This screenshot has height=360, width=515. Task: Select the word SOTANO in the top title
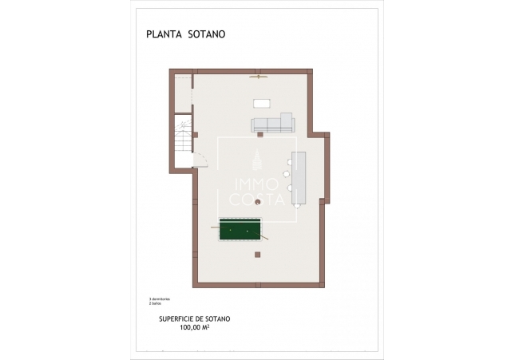208,34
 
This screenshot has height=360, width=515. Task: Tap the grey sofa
272,123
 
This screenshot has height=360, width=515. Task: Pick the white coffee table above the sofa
262,102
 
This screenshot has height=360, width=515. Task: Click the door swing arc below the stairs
202,163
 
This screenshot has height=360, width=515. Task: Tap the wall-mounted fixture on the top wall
257,77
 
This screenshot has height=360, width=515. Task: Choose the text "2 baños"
155,304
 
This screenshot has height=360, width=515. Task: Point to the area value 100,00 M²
194,327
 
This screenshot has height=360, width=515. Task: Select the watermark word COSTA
257,200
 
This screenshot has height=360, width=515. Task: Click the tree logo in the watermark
257,160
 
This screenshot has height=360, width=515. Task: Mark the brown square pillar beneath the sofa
259,136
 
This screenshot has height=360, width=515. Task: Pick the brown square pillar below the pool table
257,255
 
